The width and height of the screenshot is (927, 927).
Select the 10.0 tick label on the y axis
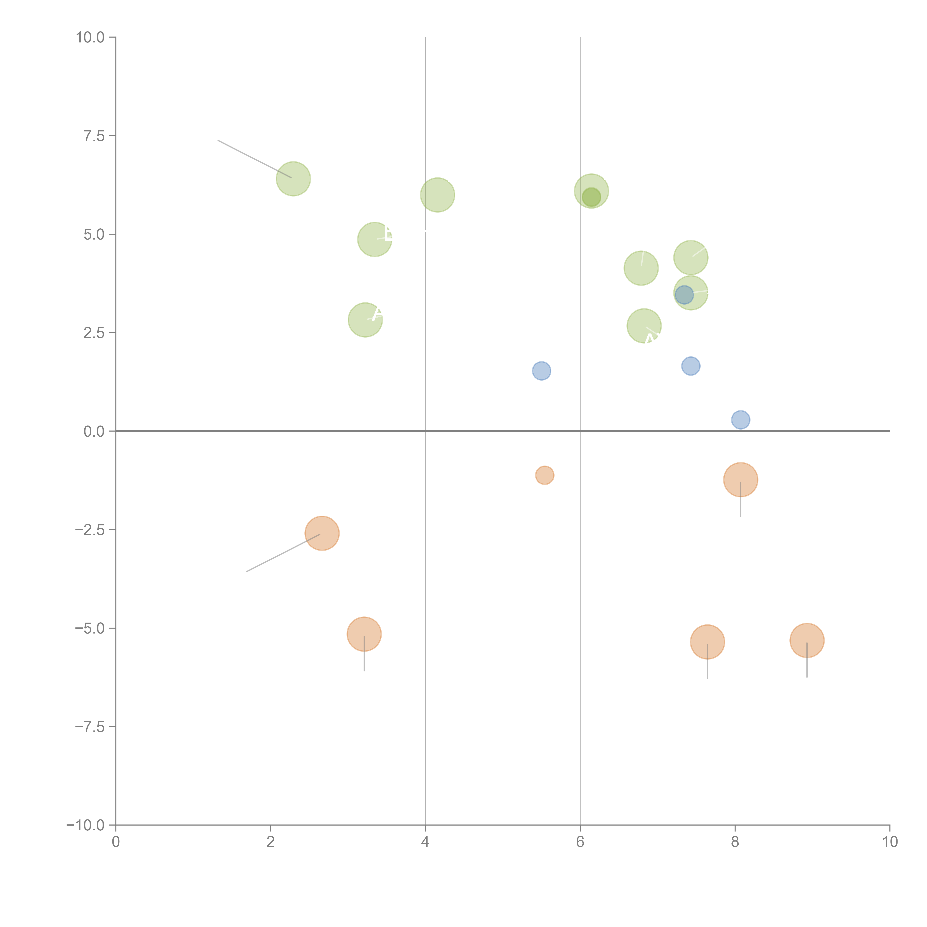90,37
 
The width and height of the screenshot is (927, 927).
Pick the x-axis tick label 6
580,842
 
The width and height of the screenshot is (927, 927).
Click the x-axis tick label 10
890,842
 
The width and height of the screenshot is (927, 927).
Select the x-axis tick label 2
271,842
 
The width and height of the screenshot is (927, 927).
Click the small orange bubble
545,475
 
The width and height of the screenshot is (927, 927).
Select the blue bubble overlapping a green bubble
684,294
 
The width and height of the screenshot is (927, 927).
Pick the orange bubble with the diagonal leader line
322,533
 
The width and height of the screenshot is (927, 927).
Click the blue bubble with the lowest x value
541,370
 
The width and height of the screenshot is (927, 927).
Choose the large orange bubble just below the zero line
740,479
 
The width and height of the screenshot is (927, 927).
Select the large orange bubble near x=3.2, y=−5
364,634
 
